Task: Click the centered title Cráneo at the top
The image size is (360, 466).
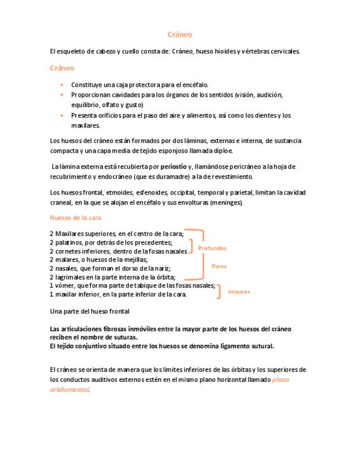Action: coord(180,34)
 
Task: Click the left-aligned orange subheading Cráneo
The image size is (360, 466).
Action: coord(62,68)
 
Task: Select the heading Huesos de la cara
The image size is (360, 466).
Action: coord(72,217)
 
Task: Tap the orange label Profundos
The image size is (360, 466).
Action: coord(212,248)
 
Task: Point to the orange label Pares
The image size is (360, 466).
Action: coord(219,267)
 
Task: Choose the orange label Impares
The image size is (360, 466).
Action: coord(239,292)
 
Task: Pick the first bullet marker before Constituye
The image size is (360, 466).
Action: coord(62,85)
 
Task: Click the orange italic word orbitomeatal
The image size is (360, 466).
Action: coord(69,390)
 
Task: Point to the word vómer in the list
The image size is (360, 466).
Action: coord(64,286)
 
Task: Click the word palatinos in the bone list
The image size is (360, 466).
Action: coord(69,242)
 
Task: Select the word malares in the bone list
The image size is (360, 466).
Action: coord(67,260)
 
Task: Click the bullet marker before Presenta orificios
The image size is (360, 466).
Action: coord(62,115)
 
